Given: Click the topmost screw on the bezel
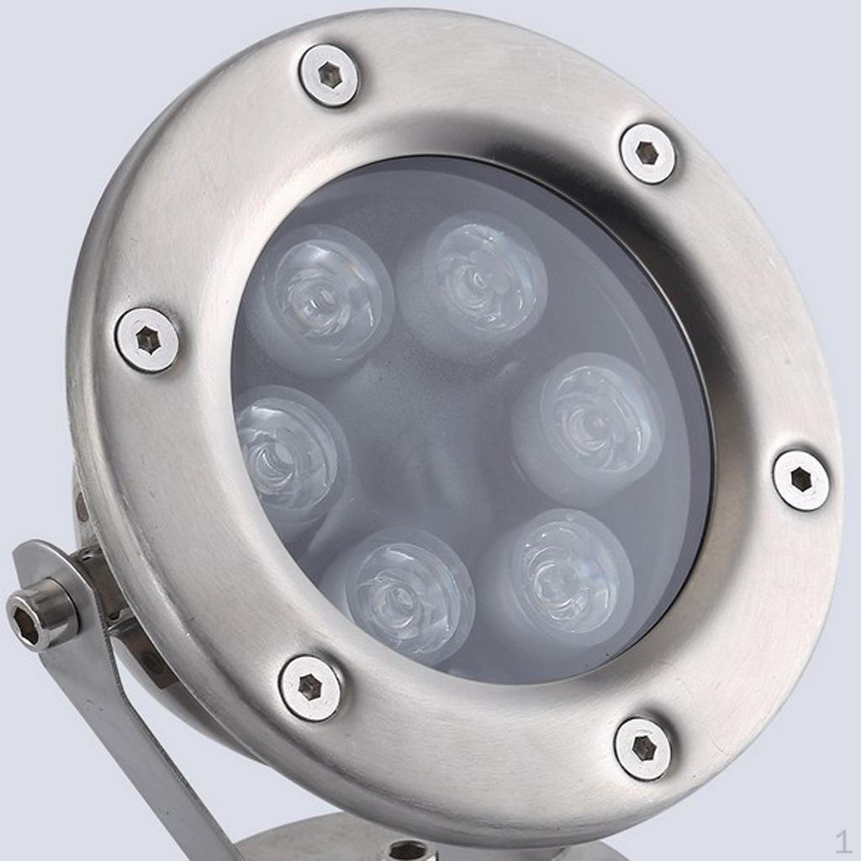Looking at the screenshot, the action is point(329,74).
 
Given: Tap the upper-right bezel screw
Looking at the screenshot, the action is point(648,153).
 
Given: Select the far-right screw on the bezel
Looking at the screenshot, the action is point(801,480).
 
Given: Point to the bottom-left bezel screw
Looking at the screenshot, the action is point(310,686).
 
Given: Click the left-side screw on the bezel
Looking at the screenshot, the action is point(148,340).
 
